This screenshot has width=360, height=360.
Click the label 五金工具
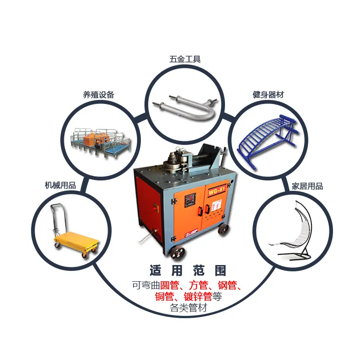[x=185, y=59]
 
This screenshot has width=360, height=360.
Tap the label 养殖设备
[x=99, y=94]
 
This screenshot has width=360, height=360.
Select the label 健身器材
[x=268, y=94]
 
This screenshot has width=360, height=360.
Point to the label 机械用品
[x=60, y=185]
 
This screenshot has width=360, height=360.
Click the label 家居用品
[x=307, y=186]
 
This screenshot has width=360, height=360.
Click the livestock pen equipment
[x=100, y=141]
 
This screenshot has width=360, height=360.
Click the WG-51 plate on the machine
[x=216, y=191]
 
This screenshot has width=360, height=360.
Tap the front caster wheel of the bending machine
[x=177, y=253]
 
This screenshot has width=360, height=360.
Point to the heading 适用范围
[x=188, y=270]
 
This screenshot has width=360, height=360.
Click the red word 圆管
[x=170, y=285]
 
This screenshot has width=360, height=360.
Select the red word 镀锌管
[x=198, y=297]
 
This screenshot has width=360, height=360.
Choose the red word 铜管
[x=164, y=297]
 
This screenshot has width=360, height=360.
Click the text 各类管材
[x=188, y=307]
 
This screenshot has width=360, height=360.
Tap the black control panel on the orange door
[x=190, y=200]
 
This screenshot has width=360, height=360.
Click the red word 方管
[x=198, y=285]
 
